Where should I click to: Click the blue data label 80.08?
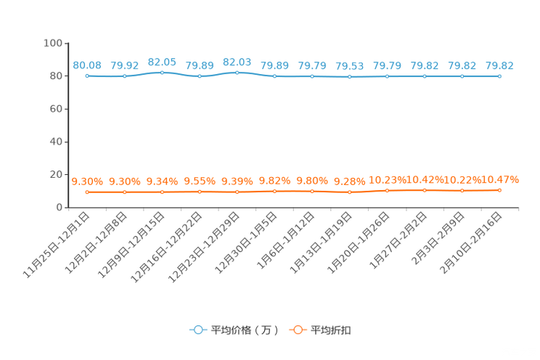tap(87, 65)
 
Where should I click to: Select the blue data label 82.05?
tap(162, 62)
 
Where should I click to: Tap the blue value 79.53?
tap(350, 66)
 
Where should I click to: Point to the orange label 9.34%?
tap(162, 181)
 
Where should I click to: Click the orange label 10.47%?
tap(499, 179)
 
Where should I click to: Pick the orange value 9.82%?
tap(274, 181)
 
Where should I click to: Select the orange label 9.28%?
tap(350, 181)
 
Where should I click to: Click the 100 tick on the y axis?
tap(53, 43)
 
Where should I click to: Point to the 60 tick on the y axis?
tap(56, 109)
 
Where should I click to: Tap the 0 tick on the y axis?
tap(60, 208)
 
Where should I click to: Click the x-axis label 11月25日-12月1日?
tap(56, 245)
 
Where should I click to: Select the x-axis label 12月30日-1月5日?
tap(246, 242)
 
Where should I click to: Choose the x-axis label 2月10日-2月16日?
tap(471, 242)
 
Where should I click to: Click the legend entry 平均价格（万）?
tap(234, 330)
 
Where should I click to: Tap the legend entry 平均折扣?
tap(320, 330)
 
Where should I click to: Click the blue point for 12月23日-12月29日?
tap(237, 73)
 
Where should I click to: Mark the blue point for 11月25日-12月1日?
tap(87, 75)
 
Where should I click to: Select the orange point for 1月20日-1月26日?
tap(387, 190)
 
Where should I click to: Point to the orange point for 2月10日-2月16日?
tap(499, 190)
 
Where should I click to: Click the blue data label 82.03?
tap(237, 62)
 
